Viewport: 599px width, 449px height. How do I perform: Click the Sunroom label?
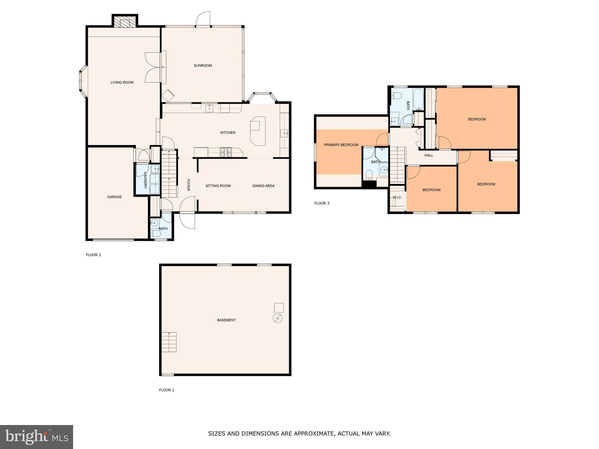(x=203, y=65)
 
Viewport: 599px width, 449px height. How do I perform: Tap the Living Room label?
(x=122, y=82)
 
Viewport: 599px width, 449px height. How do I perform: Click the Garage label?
(x=114, y=197)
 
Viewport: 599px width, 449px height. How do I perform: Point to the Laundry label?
(x=145, y=180)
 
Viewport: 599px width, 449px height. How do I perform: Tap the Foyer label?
(x=188, y=185)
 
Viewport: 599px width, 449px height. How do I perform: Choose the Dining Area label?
(x=263, y=186)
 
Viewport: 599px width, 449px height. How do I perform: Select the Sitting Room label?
(x=218, y=186)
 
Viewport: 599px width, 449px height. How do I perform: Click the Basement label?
(x=226, y=320)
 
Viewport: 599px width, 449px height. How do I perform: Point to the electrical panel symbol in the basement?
(x=278, y=318)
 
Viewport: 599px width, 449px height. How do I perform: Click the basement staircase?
(x=169, y=342)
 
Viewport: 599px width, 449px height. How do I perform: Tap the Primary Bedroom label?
(x=341, y=145)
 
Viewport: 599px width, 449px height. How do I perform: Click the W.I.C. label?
(x=397, y=198)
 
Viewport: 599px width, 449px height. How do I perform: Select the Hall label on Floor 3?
(x=429, y=156)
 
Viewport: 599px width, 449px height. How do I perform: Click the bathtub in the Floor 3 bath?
(x=418, y=100)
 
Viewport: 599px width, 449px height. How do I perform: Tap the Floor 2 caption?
(x=93, y=255)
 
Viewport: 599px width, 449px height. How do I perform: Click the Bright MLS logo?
(x=37, y=437)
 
